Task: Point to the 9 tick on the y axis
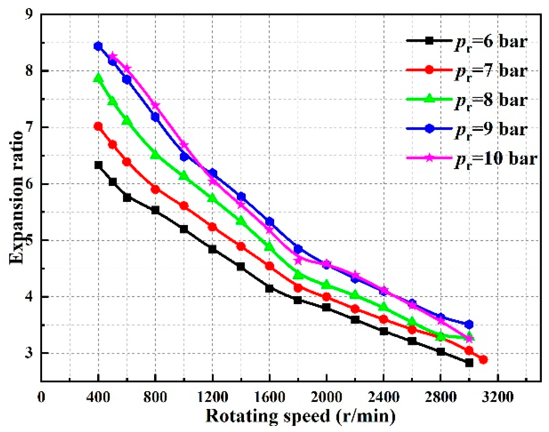click(30, 15)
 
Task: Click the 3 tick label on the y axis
click(30, 353)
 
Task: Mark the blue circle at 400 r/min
click(98, 46)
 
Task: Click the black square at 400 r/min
click(98, 165)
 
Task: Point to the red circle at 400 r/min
click(98, 126)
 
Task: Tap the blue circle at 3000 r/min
click(469, 324)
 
